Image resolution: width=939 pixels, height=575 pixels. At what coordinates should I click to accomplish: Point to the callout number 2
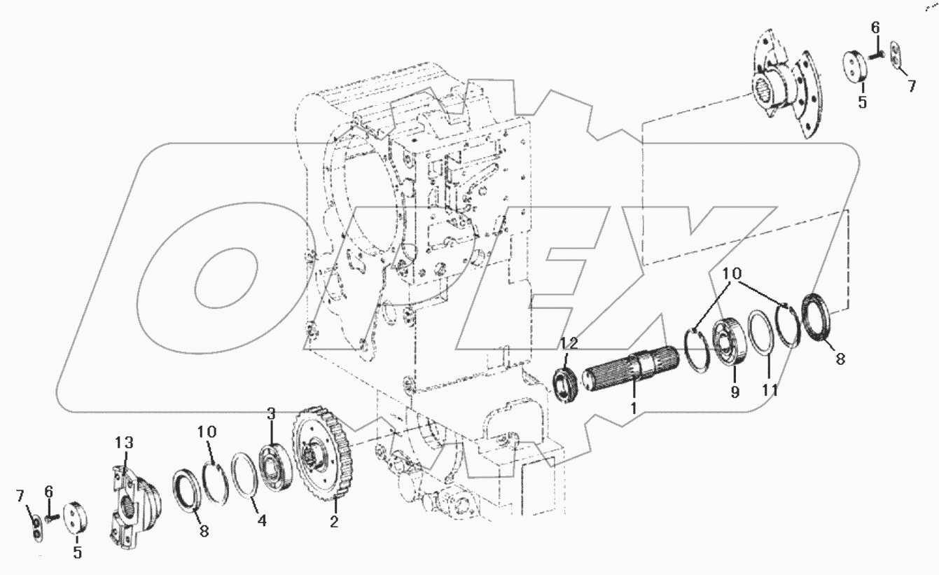tap(334, 522)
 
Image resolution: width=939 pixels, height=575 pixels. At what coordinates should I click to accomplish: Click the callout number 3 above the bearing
tap(271, 413)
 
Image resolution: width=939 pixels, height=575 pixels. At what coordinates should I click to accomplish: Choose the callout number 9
tap(735, 392)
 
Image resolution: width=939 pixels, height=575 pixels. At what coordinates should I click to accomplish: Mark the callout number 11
tap(770, 389)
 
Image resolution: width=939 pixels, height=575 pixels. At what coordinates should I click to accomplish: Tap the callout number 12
tap(569, 343)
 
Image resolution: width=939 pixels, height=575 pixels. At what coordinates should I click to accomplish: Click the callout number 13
tap(124, 443)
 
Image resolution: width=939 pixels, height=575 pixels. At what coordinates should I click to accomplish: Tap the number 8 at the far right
tap(840, 359)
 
